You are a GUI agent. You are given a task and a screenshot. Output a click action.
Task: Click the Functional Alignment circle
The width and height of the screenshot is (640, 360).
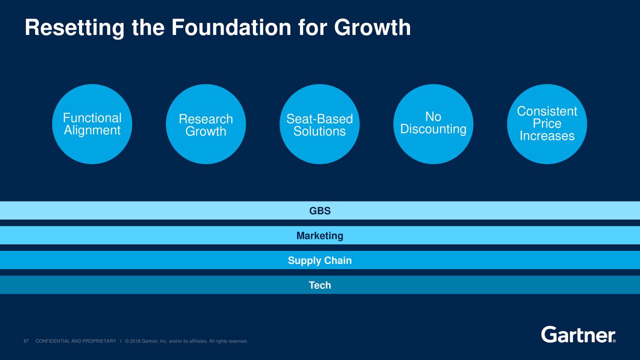[x=92, y=124]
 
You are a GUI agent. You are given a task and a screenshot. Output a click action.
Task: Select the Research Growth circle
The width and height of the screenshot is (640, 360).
[x=205, y=124]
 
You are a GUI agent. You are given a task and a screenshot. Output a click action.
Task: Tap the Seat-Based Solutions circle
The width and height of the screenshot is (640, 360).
[x=319, y=124]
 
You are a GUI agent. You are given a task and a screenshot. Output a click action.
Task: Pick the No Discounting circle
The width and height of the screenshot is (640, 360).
[x=433, y=123]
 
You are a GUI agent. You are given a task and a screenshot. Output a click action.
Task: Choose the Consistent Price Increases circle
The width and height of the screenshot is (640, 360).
[x=547, y=124]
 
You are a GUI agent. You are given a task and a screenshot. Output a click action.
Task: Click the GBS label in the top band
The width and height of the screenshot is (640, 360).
[x=320, y=211]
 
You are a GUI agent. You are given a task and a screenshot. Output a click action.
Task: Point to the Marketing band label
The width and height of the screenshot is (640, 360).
[x=320, y=235]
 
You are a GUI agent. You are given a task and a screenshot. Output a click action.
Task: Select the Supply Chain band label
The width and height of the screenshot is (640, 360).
[x=320, y=260]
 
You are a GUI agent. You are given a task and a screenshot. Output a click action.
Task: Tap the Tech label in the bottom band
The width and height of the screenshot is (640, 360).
[x=320, y=285]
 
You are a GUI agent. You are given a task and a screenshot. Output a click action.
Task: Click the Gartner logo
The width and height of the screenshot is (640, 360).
[x=578, y=334]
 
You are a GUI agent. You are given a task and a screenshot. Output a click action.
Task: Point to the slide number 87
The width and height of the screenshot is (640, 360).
[x=26, y=341]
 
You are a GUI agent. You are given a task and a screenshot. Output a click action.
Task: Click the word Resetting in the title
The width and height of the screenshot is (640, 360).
[x=74, y=28]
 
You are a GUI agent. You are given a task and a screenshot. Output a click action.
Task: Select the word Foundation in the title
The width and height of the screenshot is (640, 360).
[x=231, y=28]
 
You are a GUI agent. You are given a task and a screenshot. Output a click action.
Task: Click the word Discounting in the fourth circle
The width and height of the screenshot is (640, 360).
[x=433, y=129]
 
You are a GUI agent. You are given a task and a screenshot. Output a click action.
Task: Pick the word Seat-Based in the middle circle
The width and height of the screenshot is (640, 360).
[x=319, y=119]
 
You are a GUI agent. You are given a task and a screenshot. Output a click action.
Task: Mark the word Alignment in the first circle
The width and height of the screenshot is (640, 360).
[x=92, y=130]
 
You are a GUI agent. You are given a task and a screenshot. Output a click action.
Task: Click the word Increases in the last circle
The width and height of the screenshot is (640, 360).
[x=547, y=136]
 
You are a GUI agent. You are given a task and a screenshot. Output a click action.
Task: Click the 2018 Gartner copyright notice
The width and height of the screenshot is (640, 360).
[x=186, y=341]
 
